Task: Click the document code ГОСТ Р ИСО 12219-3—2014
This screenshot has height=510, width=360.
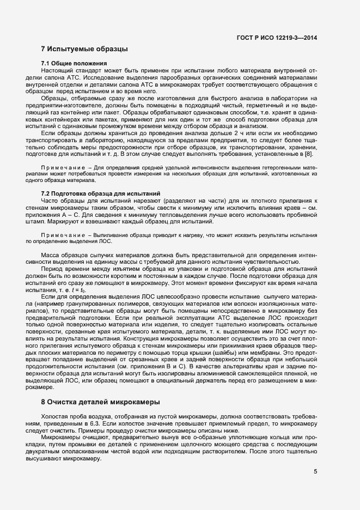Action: click(278, 37)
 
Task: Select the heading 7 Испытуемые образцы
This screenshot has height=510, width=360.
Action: click(84, 49)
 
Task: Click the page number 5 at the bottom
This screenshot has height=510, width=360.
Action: click(315, 472)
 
